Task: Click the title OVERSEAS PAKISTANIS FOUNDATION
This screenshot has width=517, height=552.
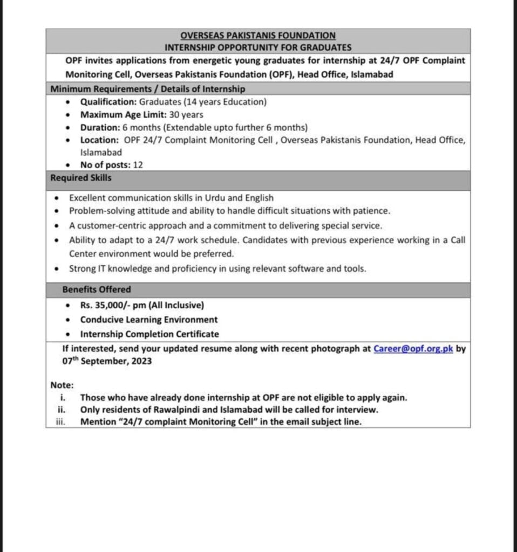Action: (258, 35)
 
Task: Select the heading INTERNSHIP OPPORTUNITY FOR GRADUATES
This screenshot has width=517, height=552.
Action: (258, 47)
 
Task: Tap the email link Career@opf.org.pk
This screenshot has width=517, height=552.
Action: (413, 349)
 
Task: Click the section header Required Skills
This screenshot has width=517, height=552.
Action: (81, 177)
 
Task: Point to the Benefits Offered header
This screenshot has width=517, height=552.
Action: (97, 289)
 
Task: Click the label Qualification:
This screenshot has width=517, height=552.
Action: (108, 101)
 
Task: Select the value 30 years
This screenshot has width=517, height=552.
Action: (185, 114)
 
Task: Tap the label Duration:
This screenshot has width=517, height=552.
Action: (100, 128)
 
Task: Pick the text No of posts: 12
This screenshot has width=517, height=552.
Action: (112, 165)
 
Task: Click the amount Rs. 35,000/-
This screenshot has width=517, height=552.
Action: (105, 305)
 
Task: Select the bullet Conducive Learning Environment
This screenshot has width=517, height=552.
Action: (149, 320)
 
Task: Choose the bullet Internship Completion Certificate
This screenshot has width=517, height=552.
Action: (149, 334)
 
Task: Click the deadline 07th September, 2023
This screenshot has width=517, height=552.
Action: (107, 361)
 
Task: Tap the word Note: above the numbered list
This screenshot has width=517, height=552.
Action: (62, 385)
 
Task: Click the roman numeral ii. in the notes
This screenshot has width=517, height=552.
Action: (62, 410)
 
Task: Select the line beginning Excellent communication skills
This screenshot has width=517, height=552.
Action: (171, 198)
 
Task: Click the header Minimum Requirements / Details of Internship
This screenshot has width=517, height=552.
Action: (147, 88)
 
